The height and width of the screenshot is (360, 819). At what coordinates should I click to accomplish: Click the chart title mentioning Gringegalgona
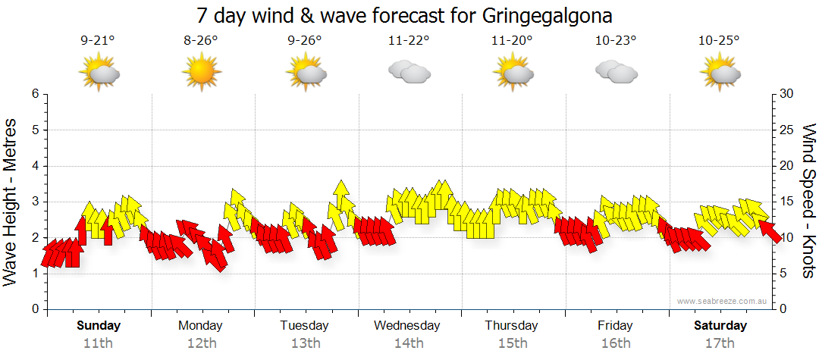pyautogui.click(x=404, y=15)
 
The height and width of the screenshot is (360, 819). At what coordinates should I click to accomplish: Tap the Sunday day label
pyautogui.click(x=99, y=326)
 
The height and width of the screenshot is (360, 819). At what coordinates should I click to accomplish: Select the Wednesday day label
pyautogui.click(x=407, y=326)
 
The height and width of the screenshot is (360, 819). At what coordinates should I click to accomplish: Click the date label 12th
pyautogui.click(x=201, y=343)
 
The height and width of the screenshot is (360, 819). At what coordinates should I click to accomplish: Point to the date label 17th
pyautogui.click(x=720, y=343)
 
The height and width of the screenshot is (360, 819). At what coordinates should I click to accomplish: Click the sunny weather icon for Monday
pyautogui.click(x=201, y=72)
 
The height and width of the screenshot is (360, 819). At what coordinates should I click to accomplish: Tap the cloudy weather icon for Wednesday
pyautogui.click(x=409, y=72)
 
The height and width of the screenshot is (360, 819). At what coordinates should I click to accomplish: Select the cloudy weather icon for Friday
pyautogui.click(x=616, y=72)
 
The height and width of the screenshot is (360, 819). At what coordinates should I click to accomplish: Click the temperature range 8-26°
pyautogui.click(x=201, y=41)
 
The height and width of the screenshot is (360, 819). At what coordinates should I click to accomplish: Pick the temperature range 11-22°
pyautogui.click(x=409, y=41)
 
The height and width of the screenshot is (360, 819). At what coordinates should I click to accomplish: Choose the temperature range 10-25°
pyautogui.click(x=719, y=41)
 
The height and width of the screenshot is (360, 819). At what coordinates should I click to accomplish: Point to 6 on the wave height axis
pyautogui.click(x=34, y=94)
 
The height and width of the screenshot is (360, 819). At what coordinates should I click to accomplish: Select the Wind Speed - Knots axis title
pyautogui.click(x=809, y=201)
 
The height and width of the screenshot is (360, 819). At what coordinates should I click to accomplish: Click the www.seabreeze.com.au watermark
pyautogui.click(x=723, y=301)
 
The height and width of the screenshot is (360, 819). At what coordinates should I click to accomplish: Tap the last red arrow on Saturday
pyautogui.click(x=770, y=230)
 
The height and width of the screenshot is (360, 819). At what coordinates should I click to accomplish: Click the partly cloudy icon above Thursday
pyautogui.click(x=513, y=72)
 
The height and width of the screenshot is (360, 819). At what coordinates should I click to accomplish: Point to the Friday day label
pyautogui.click(x=615, y=326)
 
